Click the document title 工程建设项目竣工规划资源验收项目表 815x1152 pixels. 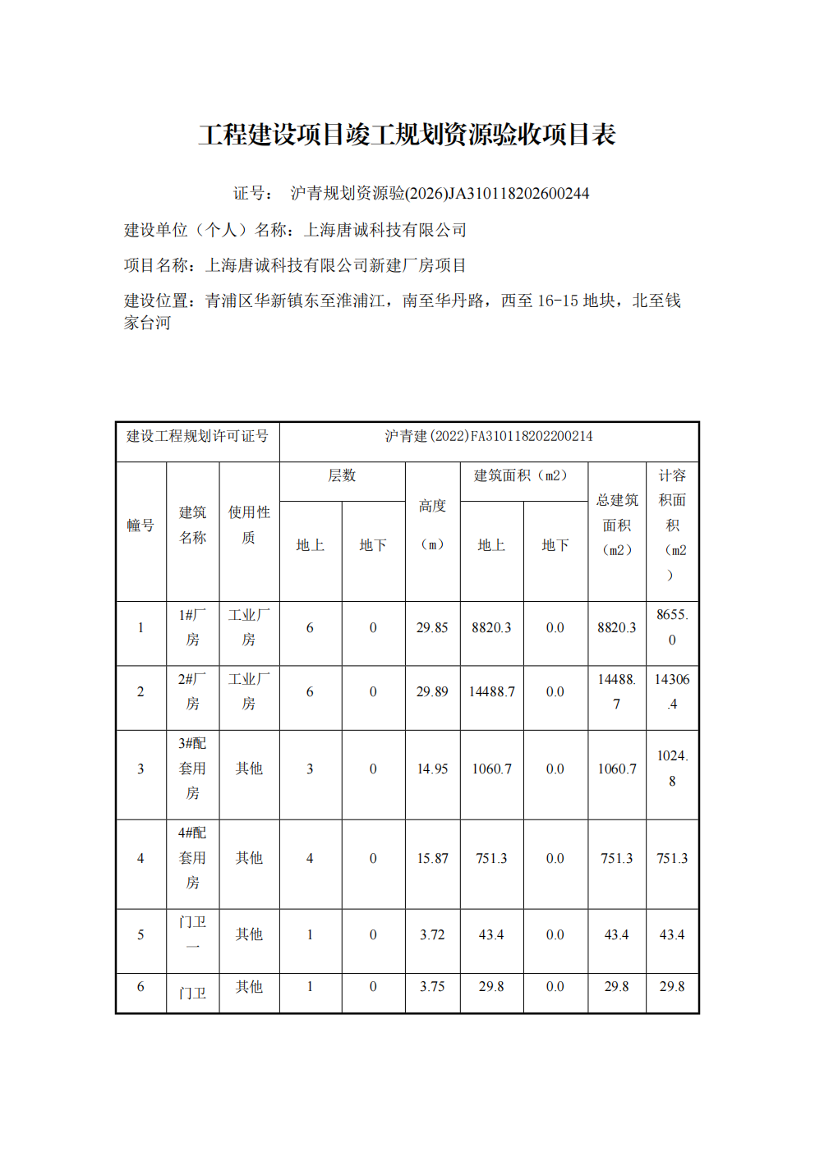coord(407,135)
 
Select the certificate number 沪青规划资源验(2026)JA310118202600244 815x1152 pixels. coord(440,194)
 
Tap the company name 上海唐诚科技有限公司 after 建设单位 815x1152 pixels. coord(385,230)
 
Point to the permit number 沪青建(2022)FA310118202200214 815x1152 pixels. coord(489,436)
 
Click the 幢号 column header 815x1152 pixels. coord(140,526)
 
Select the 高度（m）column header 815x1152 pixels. coord(432,525)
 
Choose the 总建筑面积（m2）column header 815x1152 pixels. coord(617,525)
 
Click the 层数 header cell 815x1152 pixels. coord(342,475)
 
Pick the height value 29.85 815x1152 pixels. coord(432,627)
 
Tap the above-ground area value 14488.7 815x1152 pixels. coord(491,691)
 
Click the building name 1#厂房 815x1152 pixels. coord(192,627)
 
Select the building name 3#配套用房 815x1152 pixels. coord(192,769)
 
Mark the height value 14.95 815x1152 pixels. coord(432,769)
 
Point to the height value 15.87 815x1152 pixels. coord(432,858)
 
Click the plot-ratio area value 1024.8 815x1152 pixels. coord(672,769)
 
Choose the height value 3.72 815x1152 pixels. coord(432,934)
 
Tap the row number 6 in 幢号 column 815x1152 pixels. coord(140,986)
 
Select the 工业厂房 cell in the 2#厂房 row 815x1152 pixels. coord(249,691)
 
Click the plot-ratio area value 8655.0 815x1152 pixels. coord(672,627)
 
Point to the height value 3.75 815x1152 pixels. coord(432,986)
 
